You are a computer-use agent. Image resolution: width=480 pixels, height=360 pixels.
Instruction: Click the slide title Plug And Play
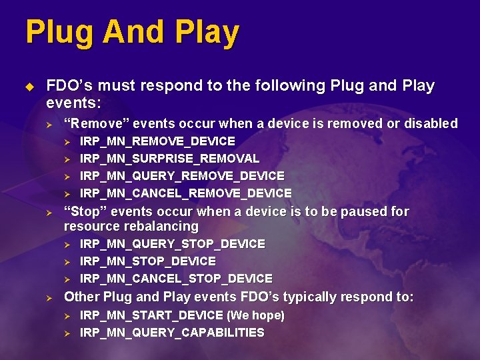(x=132, y=33)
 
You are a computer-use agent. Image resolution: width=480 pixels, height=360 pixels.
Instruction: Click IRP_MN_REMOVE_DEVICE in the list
(x=157, y=141)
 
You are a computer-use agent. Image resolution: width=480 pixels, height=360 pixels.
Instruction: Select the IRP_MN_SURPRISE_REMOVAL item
(x=169, y=159)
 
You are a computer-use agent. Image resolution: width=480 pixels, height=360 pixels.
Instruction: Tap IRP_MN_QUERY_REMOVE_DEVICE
(x=182, y=176)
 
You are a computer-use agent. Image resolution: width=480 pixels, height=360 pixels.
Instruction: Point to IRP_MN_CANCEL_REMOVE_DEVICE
(x=185, y=193)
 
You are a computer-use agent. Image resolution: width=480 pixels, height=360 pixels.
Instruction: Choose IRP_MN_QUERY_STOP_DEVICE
(x=172, y=244)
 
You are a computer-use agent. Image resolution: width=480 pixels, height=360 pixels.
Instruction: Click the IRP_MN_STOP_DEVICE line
(x=147, y=261)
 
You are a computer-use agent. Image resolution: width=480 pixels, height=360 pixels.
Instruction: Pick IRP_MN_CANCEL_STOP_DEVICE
(x=176, y=279)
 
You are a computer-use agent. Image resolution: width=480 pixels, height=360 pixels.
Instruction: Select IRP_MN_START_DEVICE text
(x=151, y=315)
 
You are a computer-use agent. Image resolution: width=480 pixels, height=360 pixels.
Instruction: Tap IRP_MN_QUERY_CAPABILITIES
(x=172, y=333)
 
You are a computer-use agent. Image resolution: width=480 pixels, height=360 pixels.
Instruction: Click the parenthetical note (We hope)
(x=255, y=315)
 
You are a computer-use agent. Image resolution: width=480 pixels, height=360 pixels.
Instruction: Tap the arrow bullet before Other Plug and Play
(x=49, y=297)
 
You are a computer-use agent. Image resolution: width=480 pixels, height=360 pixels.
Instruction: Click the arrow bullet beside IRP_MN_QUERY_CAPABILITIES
(x=66, y=333)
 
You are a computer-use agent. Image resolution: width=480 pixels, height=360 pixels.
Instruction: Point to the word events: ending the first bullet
(x=73, y=103)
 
